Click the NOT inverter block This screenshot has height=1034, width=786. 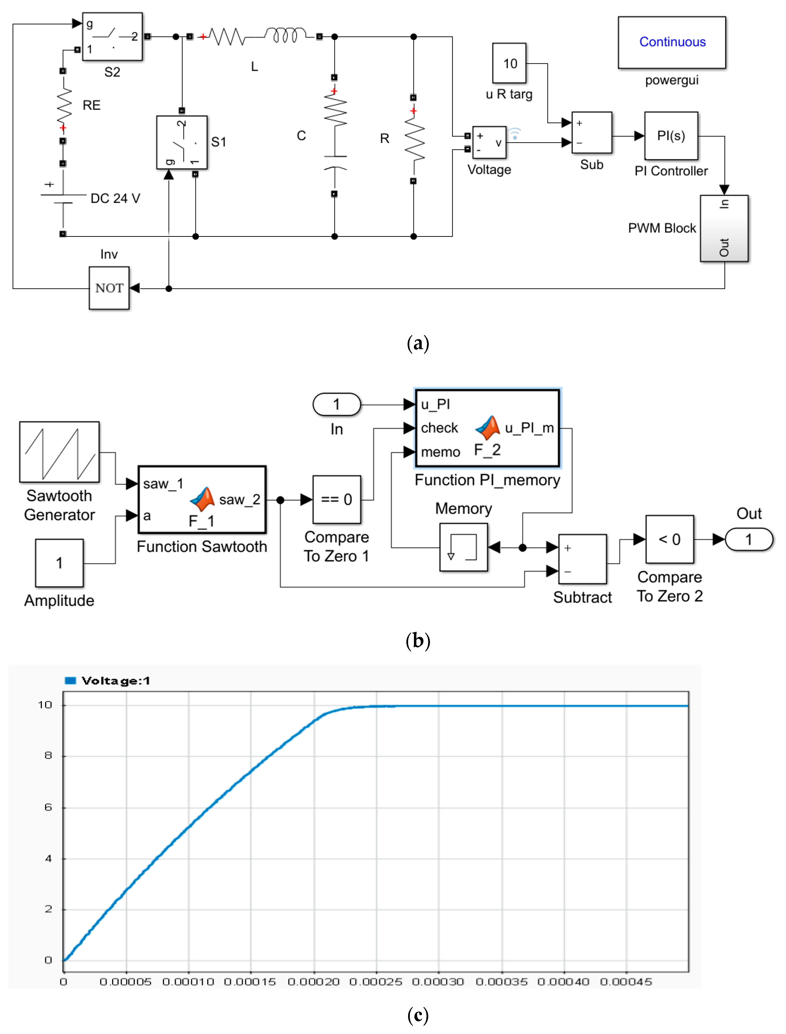[x=109, y=288]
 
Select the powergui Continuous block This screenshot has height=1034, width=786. [x=672, y=43]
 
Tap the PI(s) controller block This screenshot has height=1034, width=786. [x=671, y=136]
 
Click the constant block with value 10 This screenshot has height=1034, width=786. [x=510, y=63]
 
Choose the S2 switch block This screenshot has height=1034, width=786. [x=112, y=37]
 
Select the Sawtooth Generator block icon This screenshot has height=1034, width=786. [x=59, y=452]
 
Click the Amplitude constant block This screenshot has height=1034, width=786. [x=59, y=563]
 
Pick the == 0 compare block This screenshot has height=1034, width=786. [x=336, y=500]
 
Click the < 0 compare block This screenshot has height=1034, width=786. [x=669, y=539]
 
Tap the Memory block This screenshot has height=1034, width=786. [x=463, y=547]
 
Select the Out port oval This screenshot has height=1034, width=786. [x=749, y=539]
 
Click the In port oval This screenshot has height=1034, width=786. [x=336, y=404]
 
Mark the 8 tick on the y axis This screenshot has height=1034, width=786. [x=48, y=755]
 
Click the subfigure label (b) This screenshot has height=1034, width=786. [x=418, y=641]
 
